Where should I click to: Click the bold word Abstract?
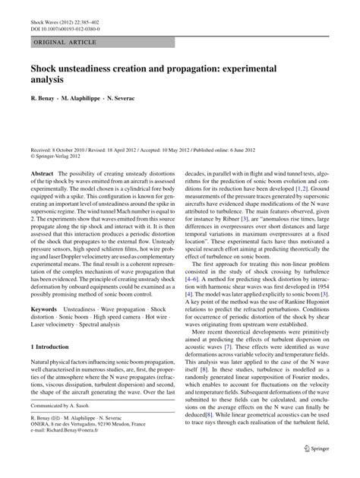[41, 173]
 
